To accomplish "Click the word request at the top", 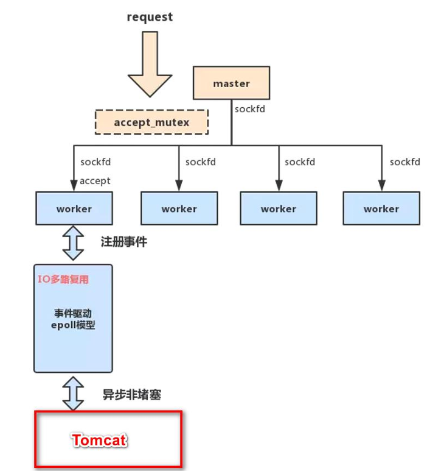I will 150,17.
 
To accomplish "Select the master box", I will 231,83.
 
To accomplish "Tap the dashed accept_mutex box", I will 151,122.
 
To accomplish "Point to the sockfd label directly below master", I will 249,110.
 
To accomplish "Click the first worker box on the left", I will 74,208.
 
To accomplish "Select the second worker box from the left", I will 179,208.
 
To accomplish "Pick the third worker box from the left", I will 278,208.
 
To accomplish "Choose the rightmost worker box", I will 381,208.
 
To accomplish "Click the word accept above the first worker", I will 95,180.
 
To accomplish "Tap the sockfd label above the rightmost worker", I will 404,162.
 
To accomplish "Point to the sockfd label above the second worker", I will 201,162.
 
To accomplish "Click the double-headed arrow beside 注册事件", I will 74,243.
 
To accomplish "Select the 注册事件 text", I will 123,242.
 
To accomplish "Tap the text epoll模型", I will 73,325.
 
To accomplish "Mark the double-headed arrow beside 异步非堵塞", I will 74,393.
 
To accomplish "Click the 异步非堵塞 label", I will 131,394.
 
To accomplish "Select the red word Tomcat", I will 100,440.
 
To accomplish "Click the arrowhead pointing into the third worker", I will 278,186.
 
